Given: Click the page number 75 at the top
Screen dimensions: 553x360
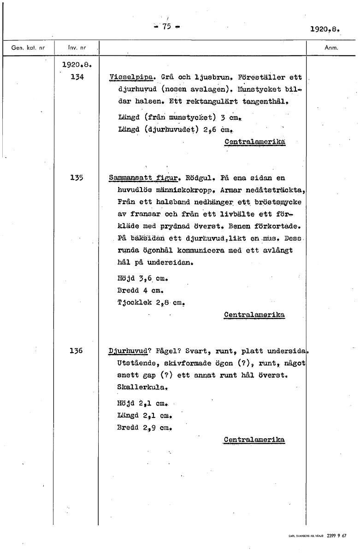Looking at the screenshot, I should tap(166, 26).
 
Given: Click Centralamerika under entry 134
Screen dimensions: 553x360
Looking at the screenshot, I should tap(254, 142).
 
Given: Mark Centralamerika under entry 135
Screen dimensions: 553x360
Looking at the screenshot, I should tap(254, 315).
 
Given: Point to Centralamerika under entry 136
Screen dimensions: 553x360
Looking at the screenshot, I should tap(254, 440).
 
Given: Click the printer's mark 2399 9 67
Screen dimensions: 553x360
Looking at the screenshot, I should tap(336, 536).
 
